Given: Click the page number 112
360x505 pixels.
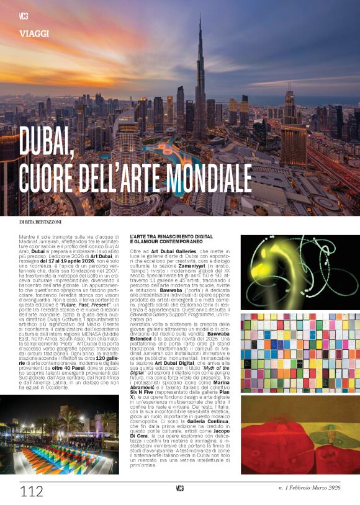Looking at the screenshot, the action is pos(32,491).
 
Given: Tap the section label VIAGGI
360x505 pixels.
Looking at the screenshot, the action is pos(35,34).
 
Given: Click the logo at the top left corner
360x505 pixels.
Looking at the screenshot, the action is pos(24,15).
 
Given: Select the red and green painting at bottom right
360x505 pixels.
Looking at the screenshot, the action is pos(290,435).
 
